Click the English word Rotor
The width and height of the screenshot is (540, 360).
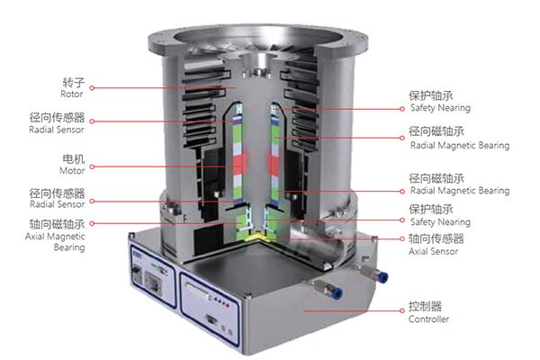72,94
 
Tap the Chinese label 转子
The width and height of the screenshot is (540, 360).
74,82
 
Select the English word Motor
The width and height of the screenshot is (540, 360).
72,170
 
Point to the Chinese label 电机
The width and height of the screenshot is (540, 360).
74,158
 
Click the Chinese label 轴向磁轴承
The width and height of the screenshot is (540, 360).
57,224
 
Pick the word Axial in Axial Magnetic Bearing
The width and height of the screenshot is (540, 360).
34,237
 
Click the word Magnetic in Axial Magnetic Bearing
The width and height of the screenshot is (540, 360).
66,237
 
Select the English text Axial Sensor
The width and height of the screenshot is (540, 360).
433,251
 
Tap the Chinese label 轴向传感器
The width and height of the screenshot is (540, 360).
436,238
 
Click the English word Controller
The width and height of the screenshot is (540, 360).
428,319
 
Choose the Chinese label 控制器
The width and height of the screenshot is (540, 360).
426,306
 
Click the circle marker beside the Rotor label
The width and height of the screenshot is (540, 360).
92,88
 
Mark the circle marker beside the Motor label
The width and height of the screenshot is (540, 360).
92,166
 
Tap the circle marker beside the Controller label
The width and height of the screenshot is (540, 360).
402,310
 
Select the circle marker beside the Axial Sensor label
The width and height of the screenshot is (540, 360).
402,238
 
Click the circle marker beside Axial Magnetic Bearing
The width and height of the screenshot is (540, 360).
92,223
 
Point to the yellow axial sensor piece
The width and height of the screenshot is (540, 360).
257,237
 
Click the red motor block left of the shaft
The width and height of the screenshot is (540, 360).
240,164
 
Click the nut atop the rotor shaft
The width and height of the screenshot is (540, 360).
256,72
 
